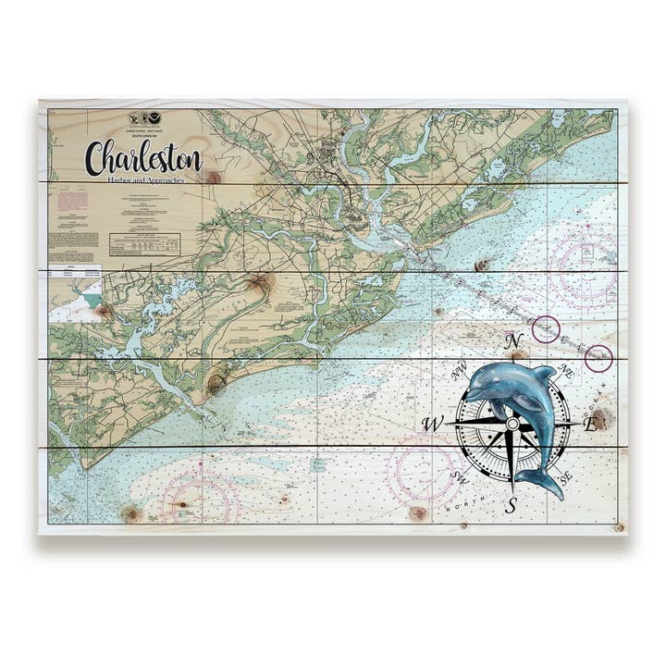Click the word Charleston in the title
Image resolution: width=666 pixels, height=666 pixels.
[x=142, y=158]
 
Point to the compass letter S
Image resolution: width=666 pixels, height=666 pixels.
[x=511, y=504]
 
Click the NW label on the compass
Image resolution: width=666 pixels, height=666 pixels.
[x=457, y=375]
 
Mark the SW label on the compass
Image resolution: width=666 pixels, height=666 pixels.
[x=460, y=477]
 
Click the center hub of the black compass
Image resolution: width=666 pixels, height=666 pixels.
[x=512, y=424]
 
